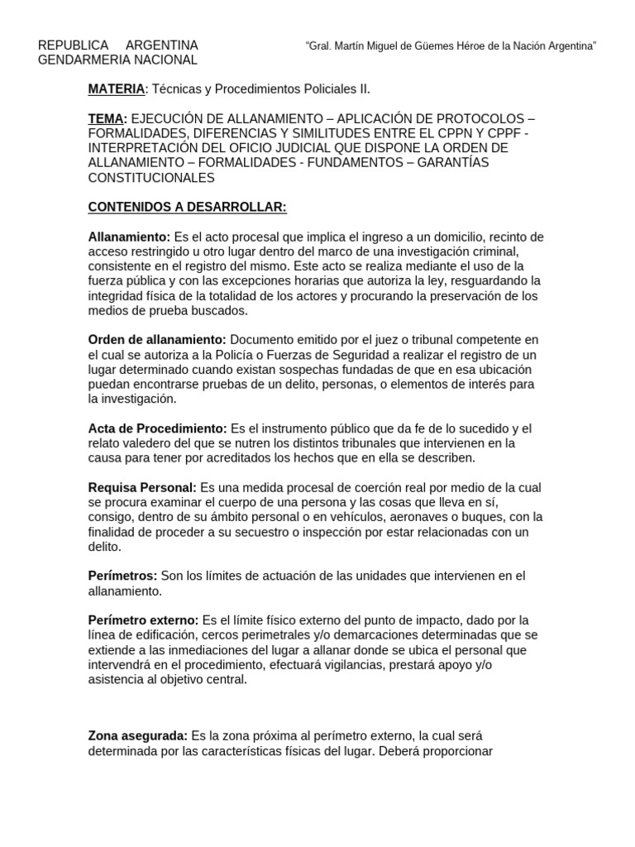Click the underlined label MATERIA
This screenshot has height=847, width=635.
[117, 89]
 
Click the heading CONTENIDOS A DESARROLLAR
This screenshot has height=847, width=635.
[187, 207]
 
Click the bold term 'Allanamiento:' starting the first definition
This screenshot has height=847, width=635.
[129, 237]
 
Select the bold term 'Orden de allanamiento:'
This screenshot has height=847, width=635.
[157, 340]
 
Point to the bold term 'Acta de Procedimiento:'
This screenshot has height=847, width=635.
[157, 428]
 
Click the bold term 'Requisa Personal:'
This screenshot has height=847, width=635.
[142, 488]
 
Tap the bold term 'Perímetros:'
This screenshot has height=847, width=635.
[122, 576]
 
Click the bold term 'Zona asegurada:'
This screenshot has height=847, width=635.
[138, 736]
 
